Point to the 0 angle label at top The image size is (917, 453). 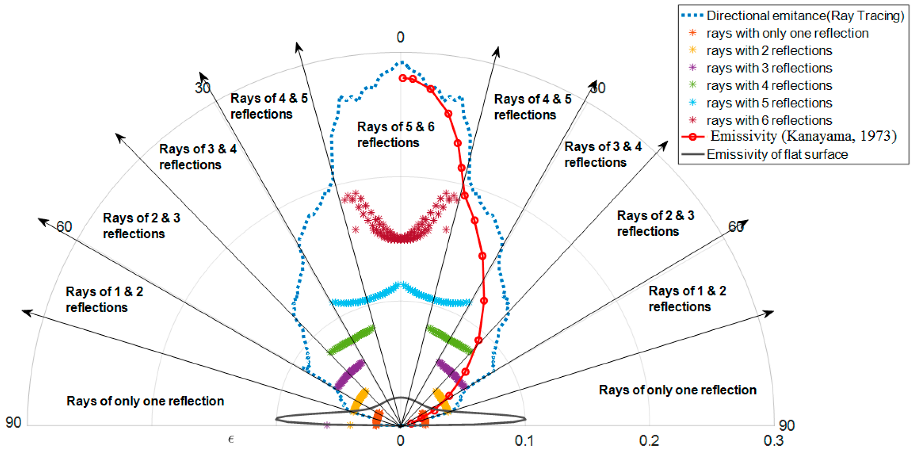coord(401,37)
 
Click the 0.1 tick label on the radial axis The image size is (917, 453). coord(524,441)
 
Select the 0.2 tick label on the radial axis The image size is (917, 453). coord(649,441)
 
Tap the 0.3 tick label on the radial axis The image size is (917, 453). coord(773,441)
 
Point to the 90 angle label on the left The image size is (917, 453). coord(13,422)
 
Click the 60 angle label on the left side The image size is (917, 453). coord(64,226)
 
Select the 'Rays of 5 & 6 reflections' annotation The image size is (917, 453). coord(395,135)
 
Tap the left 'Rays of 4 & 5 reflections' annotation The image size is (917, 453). coord(269,106)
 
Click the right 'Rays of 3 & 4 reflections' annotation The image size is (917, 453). coord(603,154)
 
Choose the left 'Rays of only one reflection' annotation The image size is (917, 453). coord(145,401)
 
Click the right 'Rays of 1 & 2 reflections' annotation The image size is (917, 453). coord(687,299)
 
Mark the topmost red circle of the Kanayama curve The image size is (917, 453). coord(403,78)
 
